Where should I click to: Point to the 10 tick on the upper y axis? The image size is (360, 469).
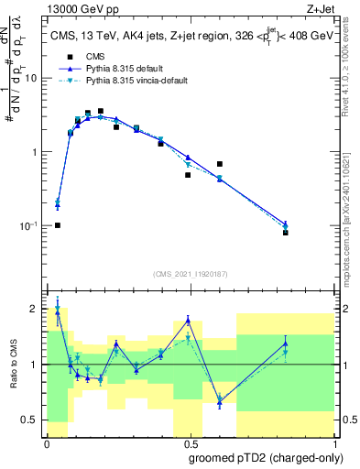tap(35, 78)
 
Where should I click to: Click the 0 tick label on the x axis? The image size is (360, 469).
tap(47, 444)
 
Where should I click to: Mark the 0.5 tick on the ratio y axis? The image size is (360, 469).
tap(34, 420)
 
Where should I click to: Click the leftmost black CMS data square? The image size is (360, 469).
tap(57, 225)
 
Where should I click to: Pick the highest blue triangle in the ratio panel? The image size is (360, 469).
tap(57, 312)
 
